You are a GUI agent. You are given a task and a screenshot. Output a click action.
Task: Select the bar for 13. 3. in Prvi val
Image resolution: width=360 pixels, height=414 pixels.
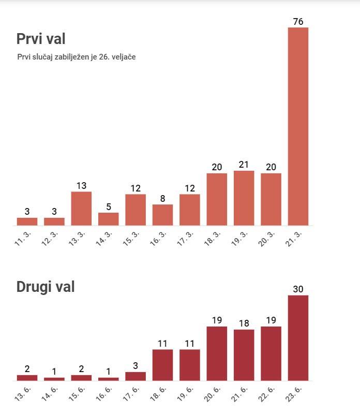[81, 209]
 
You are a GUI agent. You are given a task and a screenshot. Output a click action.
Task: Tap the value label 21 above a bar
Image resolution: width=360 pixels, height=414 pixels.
[244, 165]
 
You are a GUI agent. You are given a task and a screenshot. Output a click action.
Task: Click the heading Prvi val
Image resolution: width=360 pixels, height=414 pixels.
[41, 39]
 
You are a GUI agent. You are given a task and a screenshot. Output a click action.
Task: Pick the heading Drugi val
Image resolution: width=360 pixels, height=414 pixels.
[46, 287]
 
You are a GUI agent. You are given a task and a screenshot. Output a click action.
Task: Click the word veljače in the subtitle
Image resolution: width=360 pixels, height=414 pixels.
[124, 56]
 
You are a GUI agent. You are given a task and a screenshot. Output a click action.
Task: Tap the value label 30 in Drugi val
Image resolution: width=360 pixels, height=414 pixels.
[298, 289]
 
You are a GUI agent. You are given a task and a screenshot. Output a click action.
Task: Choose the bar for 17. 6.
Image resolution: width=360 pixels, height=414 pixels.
[136, 376]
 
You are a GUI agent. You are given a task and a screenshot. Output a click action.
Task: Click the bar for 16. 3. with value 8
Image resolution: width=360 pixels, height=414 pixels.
[162, 215]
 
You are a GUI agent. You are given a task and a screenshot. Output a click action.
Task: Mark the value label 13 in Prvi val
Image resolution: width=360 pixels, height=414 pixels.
[81, 185]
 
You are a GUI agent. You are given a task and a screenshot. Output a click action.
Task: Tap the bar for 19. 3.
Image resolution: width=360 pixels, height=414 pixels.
[244, 198]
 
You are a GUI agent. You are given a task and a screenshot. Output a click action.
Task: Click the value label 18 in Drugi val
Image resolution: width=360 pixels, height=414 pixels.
[244, 323]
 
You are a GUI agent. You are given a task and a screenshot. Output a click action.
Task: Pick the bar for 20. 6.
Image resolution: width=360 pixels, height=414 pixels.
[217, 353]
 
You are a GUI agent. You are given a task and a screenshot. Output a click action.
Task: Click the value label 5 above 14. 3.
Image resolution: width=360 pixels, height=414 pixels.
[108, 206]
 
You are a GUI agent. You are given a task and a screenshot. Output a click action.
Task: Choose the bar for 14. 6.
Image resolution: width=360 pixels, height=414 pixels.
[54, 379]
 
